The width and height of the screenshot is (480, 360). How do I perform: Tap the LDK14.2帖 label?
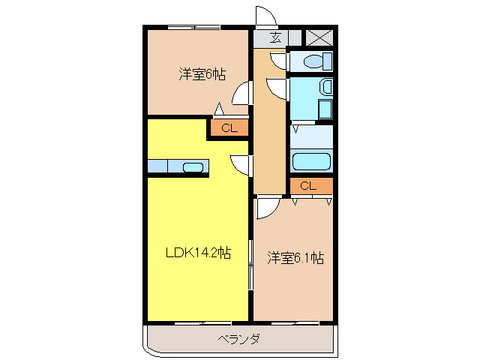198,253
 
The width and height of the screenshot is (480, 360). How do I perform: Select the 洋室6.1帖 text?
295,258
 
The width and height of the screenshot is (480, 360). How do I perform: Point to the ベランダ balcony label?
239,340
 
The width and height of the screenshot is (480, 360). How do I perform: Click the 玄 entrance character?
275,37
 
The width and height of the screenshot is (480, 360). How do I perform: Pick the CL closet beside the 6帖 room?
229,128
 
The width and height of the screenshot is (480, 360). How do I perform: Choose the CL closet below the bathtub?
309,185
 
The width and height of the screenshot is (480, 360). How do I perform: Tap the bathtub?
310,161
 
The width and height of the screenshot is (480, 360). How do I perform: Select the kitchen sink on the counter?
193,166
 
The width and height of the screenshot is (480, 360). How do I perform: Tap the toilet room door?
278,60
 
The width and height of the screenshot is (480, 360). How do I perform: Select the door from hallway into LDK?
241,162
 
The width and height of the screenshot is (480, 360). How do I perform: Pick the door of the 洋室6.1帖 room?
268,206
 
